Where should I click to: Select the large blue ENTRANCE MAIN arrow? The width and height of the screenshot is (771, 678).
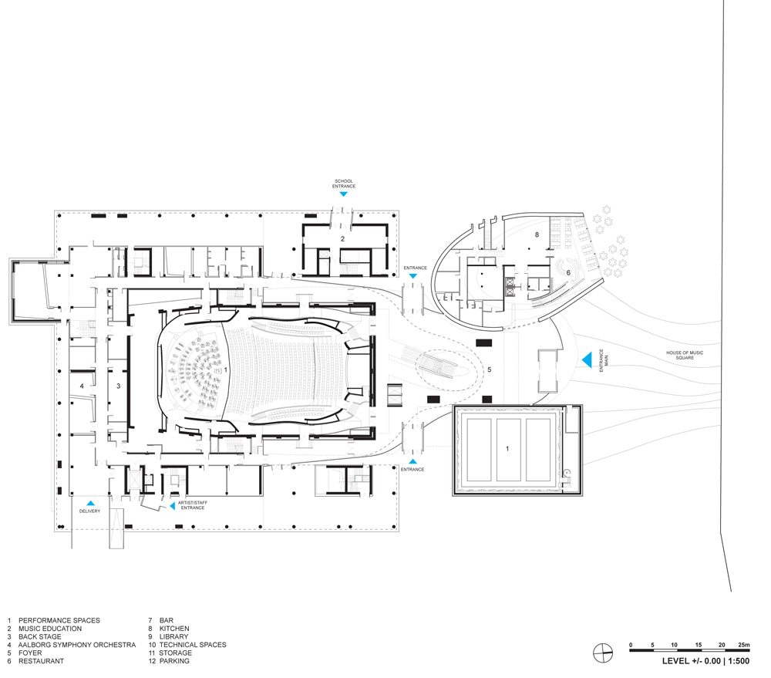pos(586,359)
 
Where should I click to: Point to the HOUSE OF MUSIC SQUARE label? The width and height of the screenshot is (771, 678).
pos(685,356)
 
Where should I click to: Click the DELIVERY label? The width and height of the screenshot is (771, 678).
pos(89,511)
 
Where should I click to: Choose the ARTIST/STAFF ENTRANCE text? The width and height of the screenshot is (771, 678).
pos(193,505)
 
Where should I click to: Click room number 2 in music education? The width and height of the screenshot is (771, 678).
pos(342,239)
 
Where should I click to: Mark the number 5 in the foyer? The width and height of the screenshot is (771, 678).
pos(488,370)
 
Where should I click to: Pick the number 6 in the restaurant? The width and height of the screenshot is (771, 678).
pos(568,272)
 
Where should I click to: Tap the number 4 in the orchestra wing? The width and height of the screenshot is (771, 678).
pos(81,385)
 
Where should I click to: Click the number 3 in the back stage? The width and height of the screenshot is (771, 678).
pos(118,385)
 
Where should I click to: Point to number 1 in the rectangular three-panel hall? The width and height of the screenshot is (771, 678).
pos(507,448)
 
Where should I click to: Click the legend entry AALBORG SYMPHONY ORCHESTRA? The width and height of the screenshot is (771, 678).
pos(77,645)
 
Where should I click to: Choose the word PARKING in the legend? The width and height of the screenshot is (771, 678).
pos(174,661)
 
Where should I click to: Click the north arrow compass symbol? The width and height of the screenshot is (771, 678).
pos(601,653)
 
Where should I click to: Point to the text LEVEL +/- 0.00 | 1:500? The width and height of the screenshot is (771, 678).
pos(705,661)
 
